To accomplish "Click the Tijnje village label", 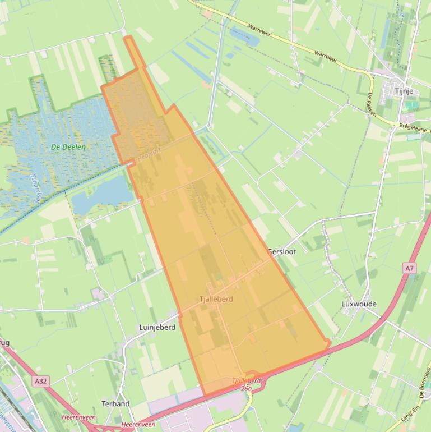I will tap(404, 91).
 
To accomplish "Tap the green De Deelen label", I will tap(68, 147).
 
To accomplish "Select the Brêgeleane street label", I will tap(414, 128).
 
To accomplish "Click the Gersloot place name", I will tap(281, 252).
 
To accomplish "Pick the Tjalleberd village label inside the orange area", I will tap(216, 299).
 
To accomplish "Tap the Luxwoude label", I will tap(359, 304).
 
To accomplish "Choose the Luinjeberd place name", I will tap(157, 327).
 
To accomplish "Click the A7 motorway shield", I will tap(410, 269).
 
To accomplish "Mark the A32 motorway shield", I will tap(40, 381).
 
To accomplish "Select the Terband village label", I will tap(115, 403).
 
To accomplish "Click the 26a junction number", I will tap(247, 388).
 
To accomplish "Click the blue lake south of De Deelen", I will tap(101, 194).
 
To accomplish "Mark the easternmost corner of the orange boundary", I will tap(328, 342).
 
